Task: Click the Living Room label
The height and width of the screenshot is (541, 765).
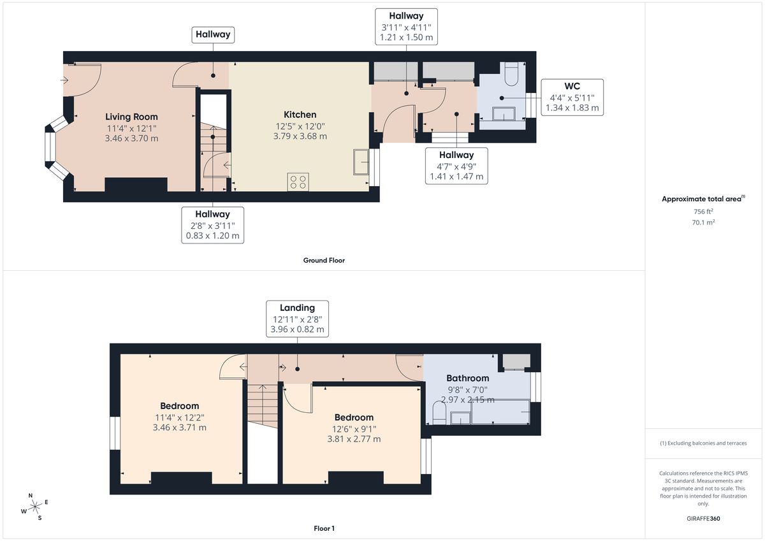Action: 131,117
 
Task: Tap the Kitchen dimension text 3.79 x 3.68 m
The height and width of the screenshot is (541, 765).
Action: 300,136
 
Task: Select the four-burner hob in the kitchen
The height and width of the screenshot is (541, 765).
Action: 298,182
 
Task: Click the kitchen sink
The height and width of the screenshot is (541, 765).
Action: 361,161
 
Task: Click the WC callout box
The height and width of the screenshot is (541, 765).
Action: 572,97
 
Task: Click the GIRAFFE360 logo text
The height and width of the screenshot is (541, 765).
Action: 704,519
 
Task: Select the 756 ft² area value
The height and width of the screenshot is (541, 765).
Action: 703,211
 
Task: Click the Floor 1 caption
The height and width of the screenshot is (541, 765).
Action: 324,528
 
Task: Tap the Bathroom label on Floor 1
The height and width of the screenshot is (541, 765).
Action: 467,378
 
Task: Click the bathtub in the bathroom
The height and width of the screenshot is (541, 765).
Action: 500,414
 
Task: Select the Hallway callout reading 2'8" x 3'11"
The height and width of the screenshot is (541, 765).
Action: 212,225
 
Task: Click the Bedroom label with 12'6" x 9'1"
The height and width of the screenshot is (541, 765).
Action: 353,417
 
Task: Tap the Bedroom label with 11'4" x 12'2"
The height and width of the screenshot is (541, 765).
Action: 179,406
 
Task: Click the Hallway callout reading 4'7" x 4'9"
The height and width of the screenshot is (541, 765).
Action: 456,166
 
